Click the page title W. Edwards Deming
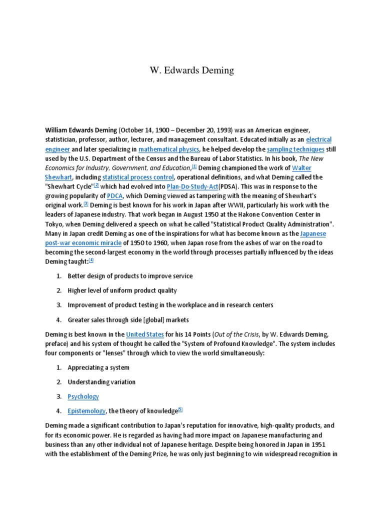coord(191,70)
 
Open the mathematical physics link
coord(169,149)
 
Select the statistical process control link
coord(138,177)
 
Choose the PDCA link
coord(114,195)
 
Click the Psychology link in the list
coord(83,396)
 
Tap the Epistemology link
coord(86,411)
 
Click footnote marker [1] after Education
coord(194,166)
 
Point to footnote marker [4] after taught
coord(91,260)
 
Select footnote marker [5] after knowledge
coord(180,409)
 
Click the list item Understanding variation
coord(101,382)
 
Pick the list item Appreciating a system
coord(98,367)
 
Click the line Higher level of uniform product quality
coord(122,290)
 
